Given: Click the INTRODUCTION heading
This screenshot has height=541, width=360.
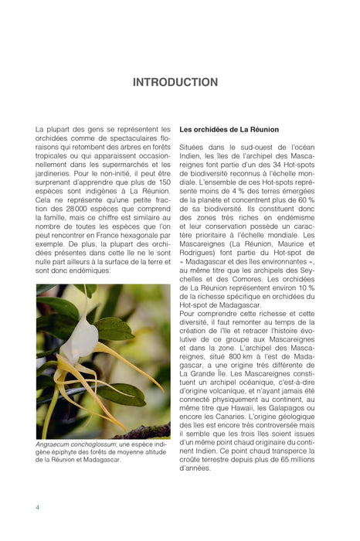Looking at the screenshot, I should (175, 82).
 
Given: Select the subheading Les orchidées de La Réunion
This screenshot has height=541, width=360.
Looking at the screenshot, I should (229, 129).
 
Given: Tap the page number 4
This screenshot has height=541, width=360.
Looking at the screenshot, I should (38, 507).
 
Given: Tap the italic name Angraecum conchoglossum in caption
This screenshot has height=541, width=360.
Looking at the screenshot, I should (76, 445).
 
